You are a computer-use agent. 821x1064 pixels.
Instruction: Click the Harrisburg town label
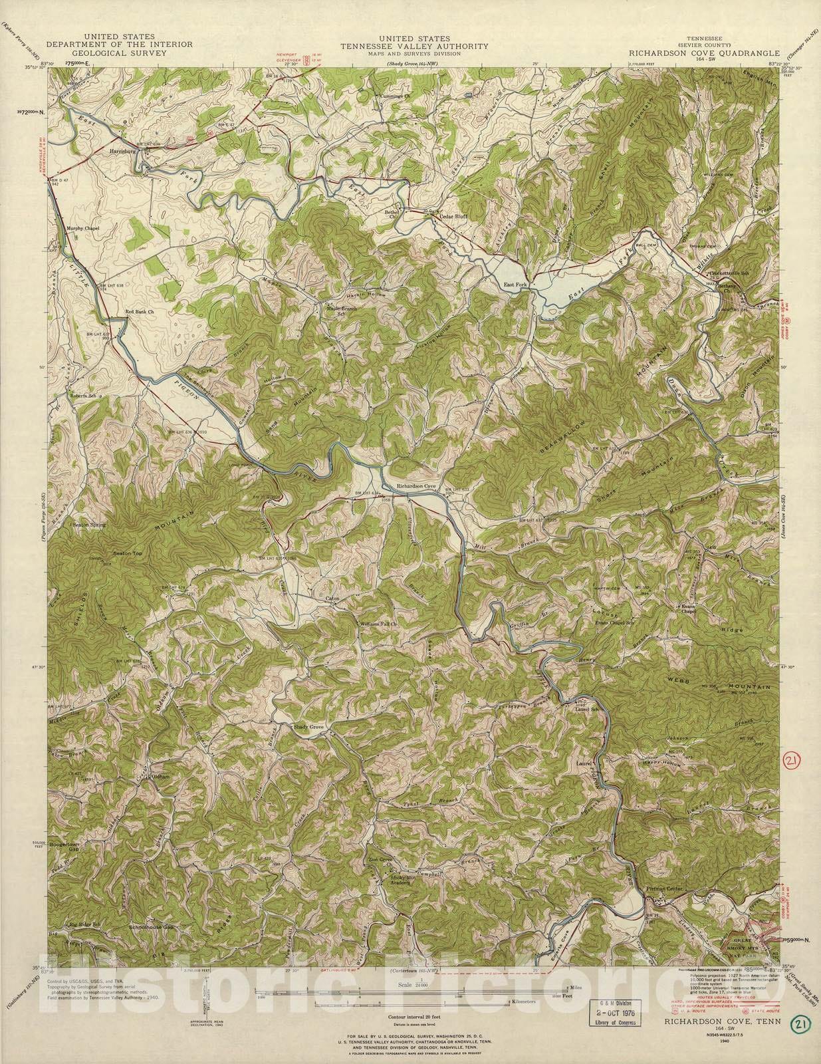122,151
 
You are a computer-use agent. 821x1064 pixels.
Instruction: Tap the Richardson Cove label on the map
416,487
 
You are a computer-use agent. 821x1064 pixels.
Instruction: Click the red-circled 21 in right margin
790,759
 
